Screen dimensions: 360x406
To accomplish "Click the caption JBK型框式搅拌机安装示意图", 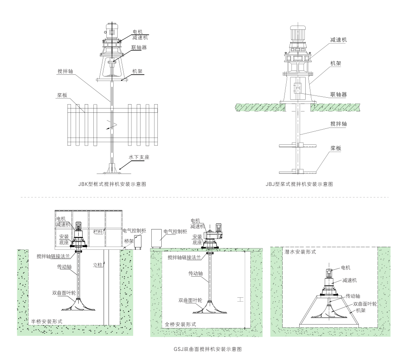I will click(x=112, y=184).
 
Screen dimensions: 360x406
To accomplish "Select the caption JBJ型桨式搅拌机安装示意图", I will click(x=299, y=184).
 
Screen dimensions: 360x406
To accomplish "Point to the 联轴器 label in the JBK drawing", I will click(x=139, y=48).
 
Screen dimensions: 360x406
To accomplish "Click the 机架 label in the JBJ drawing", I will click(x=336, y=63).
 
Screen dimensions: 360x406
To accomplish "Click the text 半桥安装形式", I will click(x=47, y=322).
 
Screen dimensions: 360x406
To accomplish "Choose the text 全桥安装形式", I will click(x=180, y=324).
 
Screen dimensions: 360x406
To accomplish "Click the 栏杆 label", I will click(x=99, y=232).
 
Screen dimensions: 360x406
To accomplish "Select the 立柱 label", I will click(x=98, y=264).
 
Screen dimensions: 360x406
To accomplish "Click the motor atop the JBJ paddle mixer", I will click(x=297, y=32).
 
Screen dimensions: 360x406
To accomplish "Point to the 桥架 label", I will click(x=129, y=241).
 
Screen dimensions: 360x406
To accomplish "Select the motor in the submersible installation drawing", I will click(x=328, y=273).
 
